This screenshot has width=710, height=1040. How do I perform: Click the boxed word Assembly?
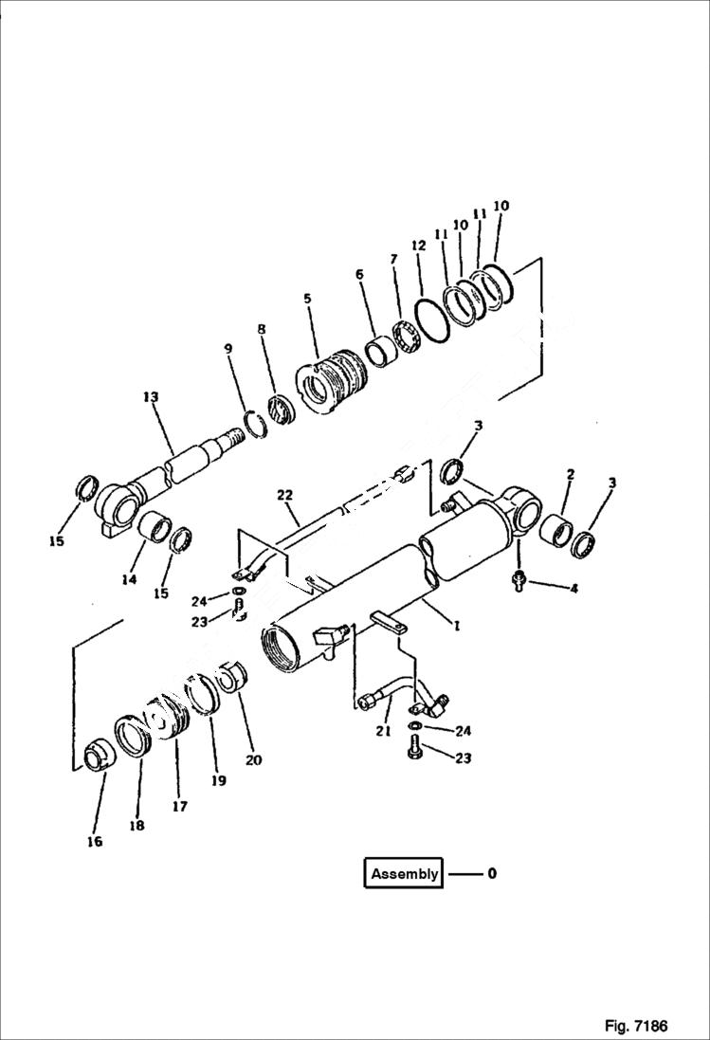coord(404,874)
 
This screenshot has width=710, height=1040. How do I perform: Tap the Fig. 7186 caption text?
coord(635,1026)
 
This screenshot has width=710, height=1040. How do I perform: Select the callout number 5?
coord(307,299)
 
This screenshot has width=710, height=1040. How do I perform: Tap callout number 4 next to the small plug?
coord(573,589)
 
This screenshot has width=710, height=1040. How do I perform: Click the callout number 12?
coord(418,246)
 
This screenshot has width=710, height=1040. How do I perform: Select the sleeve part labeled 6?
coord(383,345)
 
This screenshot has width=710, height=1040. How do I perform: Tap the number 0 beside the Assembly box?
coord(491,874)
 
